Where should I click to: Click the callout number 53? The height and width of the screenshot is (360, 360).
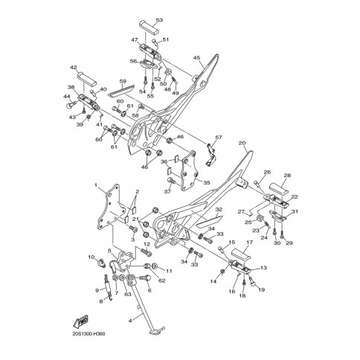pos(159,20)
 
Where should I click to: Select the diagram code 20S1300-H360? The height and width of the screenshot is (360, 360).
pos(89,334)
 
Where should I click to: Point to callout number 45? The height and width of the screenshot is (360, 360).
pos(196,58)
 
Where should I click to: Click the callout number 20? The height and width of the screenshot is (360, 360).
pos(242,143)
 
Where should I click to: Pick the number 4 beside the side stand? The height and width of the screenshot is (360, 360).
pos(130,321)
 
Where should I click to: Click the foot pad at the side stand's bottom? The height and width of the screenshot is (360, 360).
pos(158,331)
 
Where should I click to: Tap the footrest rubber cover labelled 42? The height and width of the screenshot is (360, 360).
pos(86,79)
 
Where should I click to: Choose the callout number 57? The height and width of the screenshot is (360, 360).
pos(219,137)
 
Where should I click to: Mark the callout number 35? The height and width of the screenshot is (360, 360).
pos(207,183)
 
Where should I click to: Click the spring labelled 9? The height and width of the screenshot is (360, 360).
pos(108,288)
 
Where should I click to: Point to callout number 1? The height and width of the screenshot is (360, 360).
pos(96,185)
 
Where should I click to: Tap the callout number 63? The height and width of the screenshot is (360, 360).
pos(127,295)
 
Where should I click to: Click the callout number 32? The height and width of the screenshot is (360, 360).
pos(219,210)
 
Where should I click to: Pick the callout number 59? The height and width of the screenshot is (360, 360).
pos(123,81)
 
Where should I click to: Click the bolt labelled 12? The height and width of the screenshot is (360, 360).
pos(147,253)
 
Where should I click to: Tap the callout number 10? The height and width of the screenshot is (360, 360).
pos(91,257)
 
